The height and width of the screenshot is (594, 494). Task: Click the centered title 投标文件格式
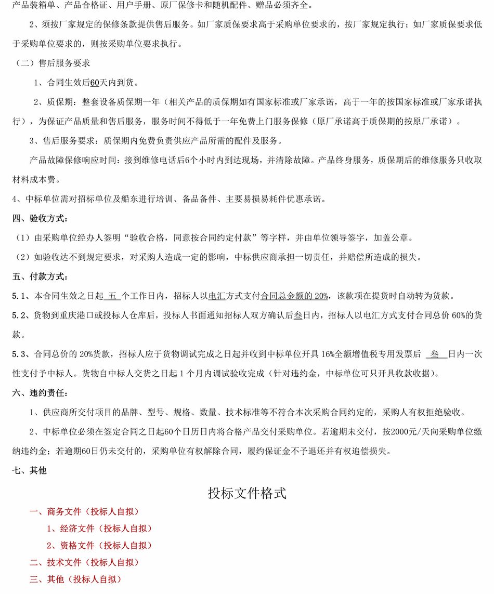click(247, 493)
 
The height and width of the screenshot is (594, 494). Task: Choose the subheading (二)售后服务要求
click(51, 63)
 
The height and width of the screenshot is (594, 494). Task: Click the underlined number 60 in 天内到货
click(94, 83)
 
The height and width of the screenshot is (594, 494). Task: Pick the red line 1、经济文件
click(99, 529)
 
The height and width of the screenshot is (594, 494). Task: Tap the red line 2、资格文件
click(99, 546)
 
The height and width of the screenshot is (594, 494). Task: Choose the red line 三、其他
click(75, 579)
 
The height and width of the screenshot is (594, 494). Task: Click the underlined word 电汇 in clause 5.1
click(216, 296)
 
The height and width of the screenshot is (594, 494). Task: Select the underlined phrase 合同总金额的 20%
click(294, 296)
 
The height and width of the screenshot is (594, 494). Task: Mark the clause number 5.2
click(20, 315)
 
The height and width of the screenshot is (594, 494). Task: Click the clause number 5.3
click(20, 354)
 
